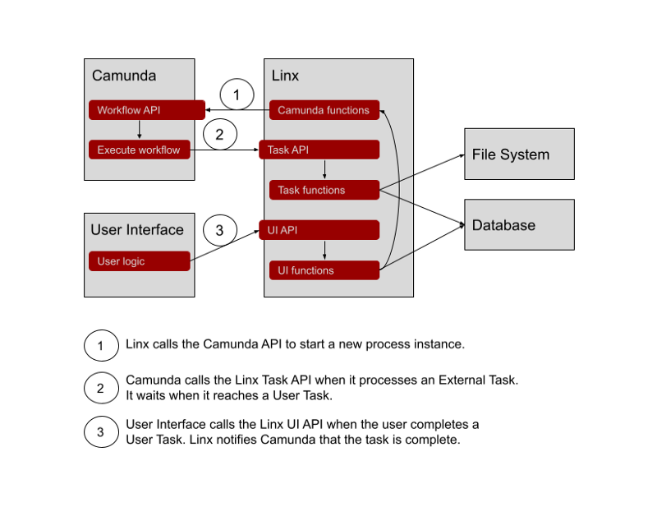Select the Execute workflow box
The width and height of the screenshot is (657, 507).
[x=140, y=150]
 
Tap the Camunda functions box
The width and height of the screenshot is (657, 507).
[x=324, y=110]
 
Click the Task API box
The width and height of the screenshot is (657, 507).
[x=319, y=150]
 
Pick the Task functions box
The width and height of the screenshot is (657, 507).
[x=324, y=190]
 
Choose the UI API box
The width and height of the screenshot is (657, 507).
[x=319, y=230]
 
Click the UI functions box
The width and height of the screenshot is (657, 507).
[x=324, y=270]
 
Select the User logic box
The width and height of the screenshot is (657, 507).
[x=140, y=261]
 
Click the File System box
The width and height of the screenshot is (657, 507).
[x=519, y=154]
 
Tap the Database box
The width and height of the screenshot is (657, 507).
[x=519, y=225]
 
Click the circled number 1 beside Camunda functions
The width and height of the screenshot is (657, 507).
[x=237, y=96]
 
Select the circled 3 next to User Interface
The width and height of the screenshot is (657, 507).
[x=219, y=231]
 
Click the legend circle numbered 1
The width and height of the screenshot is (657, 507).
[x=101, y=345]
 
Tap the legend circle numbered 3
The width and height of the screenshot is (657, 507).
[x=101, y=432]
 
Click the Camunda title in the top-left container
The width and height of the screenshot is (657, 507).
[x=124, y=76]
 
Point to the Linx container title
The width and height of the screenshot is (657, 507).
[x=286, y=76]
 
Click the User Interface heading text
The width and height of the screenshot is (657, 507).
[x=137, y=230]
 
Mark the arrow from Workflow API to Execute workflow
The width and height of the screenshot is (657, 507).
[x=140, y=130]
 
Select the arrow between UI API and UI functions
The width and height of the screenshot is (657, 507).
[x=325, y=250]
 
